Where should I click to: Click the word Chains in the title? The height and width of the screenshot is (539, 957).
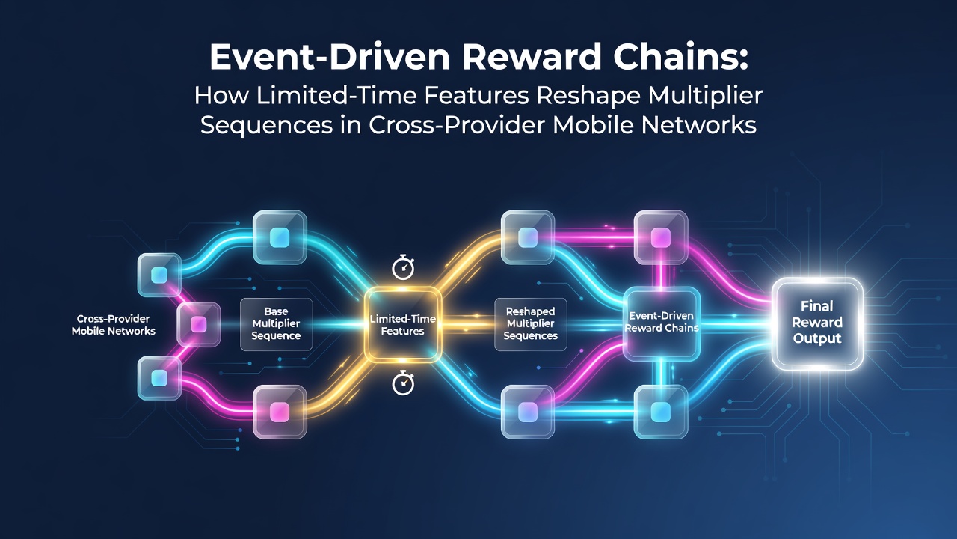[681, 58]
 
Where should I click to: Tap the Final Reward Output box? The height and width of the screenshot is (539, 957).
[817, 323]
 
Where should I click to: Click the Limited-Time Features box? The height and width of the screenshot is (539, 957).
[402, 325]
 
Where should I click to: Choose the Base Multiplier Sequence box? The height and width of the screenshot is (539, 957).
[276, 324]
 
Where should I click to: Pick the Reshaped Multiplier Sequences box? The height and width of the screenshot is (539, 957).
[531, 324]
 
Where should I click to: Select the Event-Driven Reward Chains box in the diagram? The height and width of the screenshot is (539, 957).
[662, 323]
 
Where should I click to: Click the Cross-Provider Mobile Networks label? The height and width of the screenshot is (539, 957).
[113, 325]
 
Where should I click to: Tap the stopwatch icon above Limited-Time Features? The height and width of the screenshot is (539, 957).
[403, 267]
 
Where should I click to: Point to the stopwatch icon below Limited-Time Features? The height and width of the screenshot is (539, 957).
[403, 383]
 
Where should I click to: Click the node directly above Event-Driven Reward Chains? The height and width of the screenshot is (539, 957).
[660, 237]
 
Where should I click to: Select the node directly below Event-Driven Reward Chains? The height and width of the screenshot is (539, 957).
[660, 412]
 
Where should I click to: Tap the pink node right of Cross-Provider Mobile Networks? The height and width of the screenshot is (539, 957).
[198, 324]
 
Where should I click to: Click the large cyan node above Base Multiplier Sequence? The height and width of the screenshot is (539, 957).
[280, 237]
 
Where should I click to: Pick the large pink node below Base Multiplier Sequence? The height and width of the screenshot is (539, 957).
[280, 412]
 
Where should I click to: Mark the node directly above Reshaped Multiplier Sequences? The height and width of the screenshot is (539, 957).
[528, 237]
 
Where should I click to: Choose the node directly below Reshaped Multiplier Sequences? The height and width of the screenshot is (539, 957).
[528, 412]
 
